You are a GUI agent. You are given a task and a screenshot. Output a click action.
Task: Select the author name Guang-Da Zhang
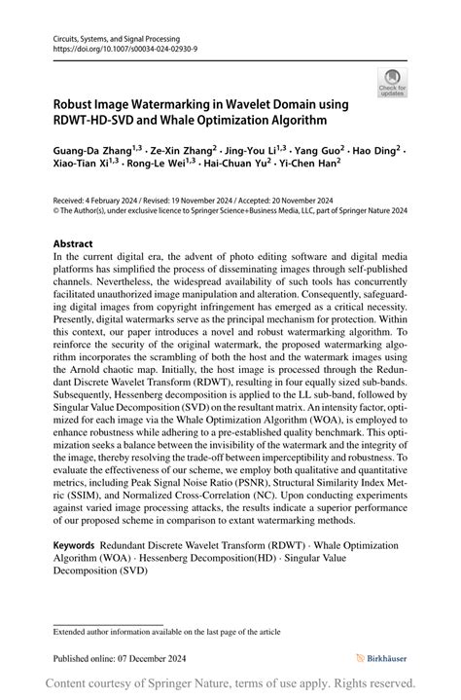click(x=94, y=153)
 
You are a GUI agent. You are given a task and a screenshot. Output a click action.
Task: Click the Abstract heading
click(x=73, y=243)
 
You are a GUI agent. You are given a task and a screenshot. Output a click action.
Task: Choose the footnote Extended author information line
click(x=166, y=632)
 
